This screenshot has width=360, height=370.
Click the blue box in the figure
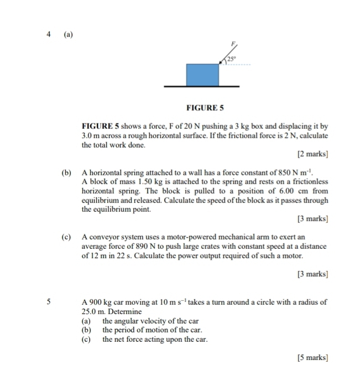coord(202,75)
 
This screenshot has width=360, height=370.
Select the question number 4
coord(49,34)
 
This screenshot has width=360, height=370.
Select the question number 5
coord(49,302)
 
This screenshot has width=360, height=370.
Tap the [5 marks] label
coord(312,358)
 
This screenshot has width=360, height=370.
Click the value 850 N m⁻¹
coord(294,172)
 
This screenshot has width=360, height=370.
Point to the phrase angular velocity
coord(141,321)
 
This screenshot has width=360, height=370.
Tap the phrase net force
coord(127,339)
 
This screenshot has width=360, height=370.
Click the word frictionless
coord(308,181)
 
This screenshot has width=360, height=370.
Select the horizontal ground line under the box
coord(202,86)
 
